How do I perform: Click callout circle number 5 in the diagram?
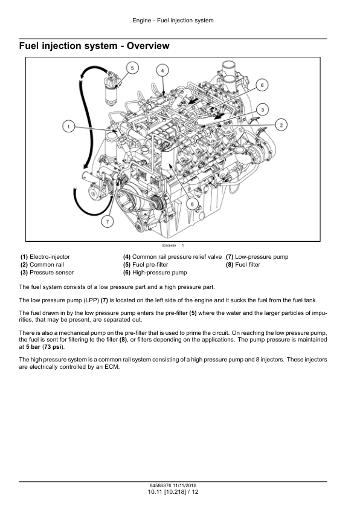(132, 68)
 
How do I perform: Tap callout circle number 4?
(162, 71)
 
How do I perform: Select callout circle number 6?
(262, 85)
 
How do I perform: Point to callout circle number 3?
(262, 110)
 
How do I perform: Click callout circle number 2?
(281, 125)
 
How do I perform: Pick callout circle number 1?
(68, 126)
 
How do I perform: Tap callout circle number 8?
(192, 204)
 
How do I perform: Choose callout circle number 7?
(108, 222)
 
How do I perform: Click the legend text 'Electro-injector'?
(50, 257)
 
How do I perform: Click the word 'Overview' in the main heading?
(148, 46)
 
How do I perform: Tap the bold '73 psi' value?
(53, 347)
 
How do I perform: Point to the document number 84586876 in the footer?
(160, 485)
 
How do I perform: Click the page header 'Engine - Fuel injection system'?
(173, 21)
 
